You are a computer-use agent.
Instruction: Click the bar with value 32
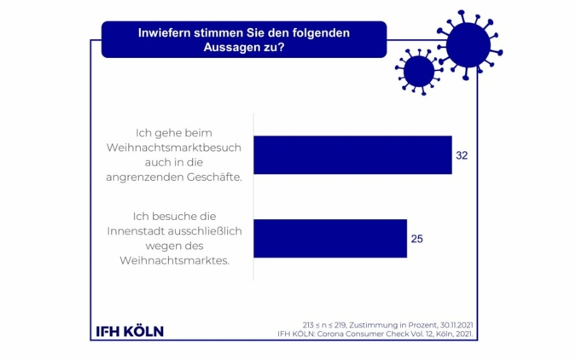point(352,154)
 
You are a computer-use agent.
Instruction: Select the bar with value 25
point(330,238)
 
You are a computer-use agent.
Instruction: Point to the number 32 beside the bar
point(463,156)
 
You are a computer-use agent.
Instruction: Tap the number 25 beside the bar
point(417,239)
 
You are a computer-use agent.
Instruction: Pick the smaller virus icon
point(418,71)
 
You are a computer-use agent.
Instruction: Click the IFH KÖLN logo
point(128,331)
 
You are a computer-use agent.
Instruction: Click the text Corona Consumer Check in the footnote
point(383,334)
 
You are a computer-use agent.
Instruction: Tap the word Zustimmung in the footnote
point(367,324)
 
